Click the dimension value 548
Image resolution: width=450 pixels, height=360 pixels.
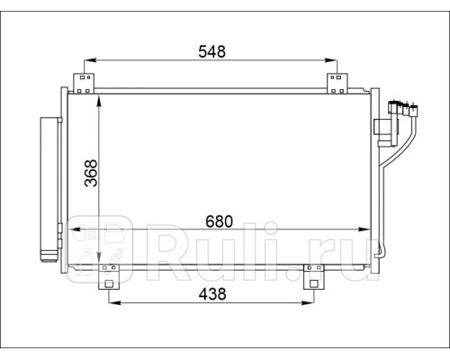(211, 51)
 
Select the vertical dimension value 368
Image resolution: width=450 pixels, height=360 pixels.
(91, 174)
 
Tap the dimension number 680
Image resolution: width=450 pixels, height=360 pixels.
(219, 221)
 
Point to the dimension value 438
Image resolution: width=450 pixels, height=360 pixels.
(212, 294)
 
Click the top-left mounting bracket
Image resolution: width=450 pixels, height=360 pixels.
(84, 84)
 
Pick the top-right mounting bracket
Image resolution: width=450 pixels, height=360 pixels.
(337, 84)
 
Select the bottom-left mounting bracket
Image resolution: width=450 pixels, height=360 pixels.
(109, 277)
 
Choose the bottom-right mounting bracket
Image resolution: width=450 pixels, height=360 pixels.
(314, 277)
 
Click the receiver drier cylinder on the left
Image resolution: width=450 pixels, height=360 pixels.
(49, 190)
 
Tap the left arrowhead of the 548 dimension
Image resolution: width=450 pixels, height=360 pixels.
(89, 60)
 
